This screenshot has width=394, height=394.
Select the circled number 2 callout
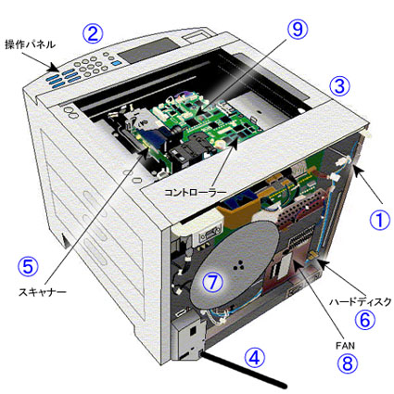(x=92, y=33)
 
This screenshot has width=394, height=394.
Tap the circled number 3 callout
(x=340, y=86)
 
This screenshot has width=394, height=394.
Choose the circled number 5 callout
(x=29, y=266)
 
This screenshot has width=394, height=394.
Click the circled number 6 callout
(x=365, y=320)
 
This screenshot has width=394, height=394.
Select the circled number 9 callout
(x=296, y=30)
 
